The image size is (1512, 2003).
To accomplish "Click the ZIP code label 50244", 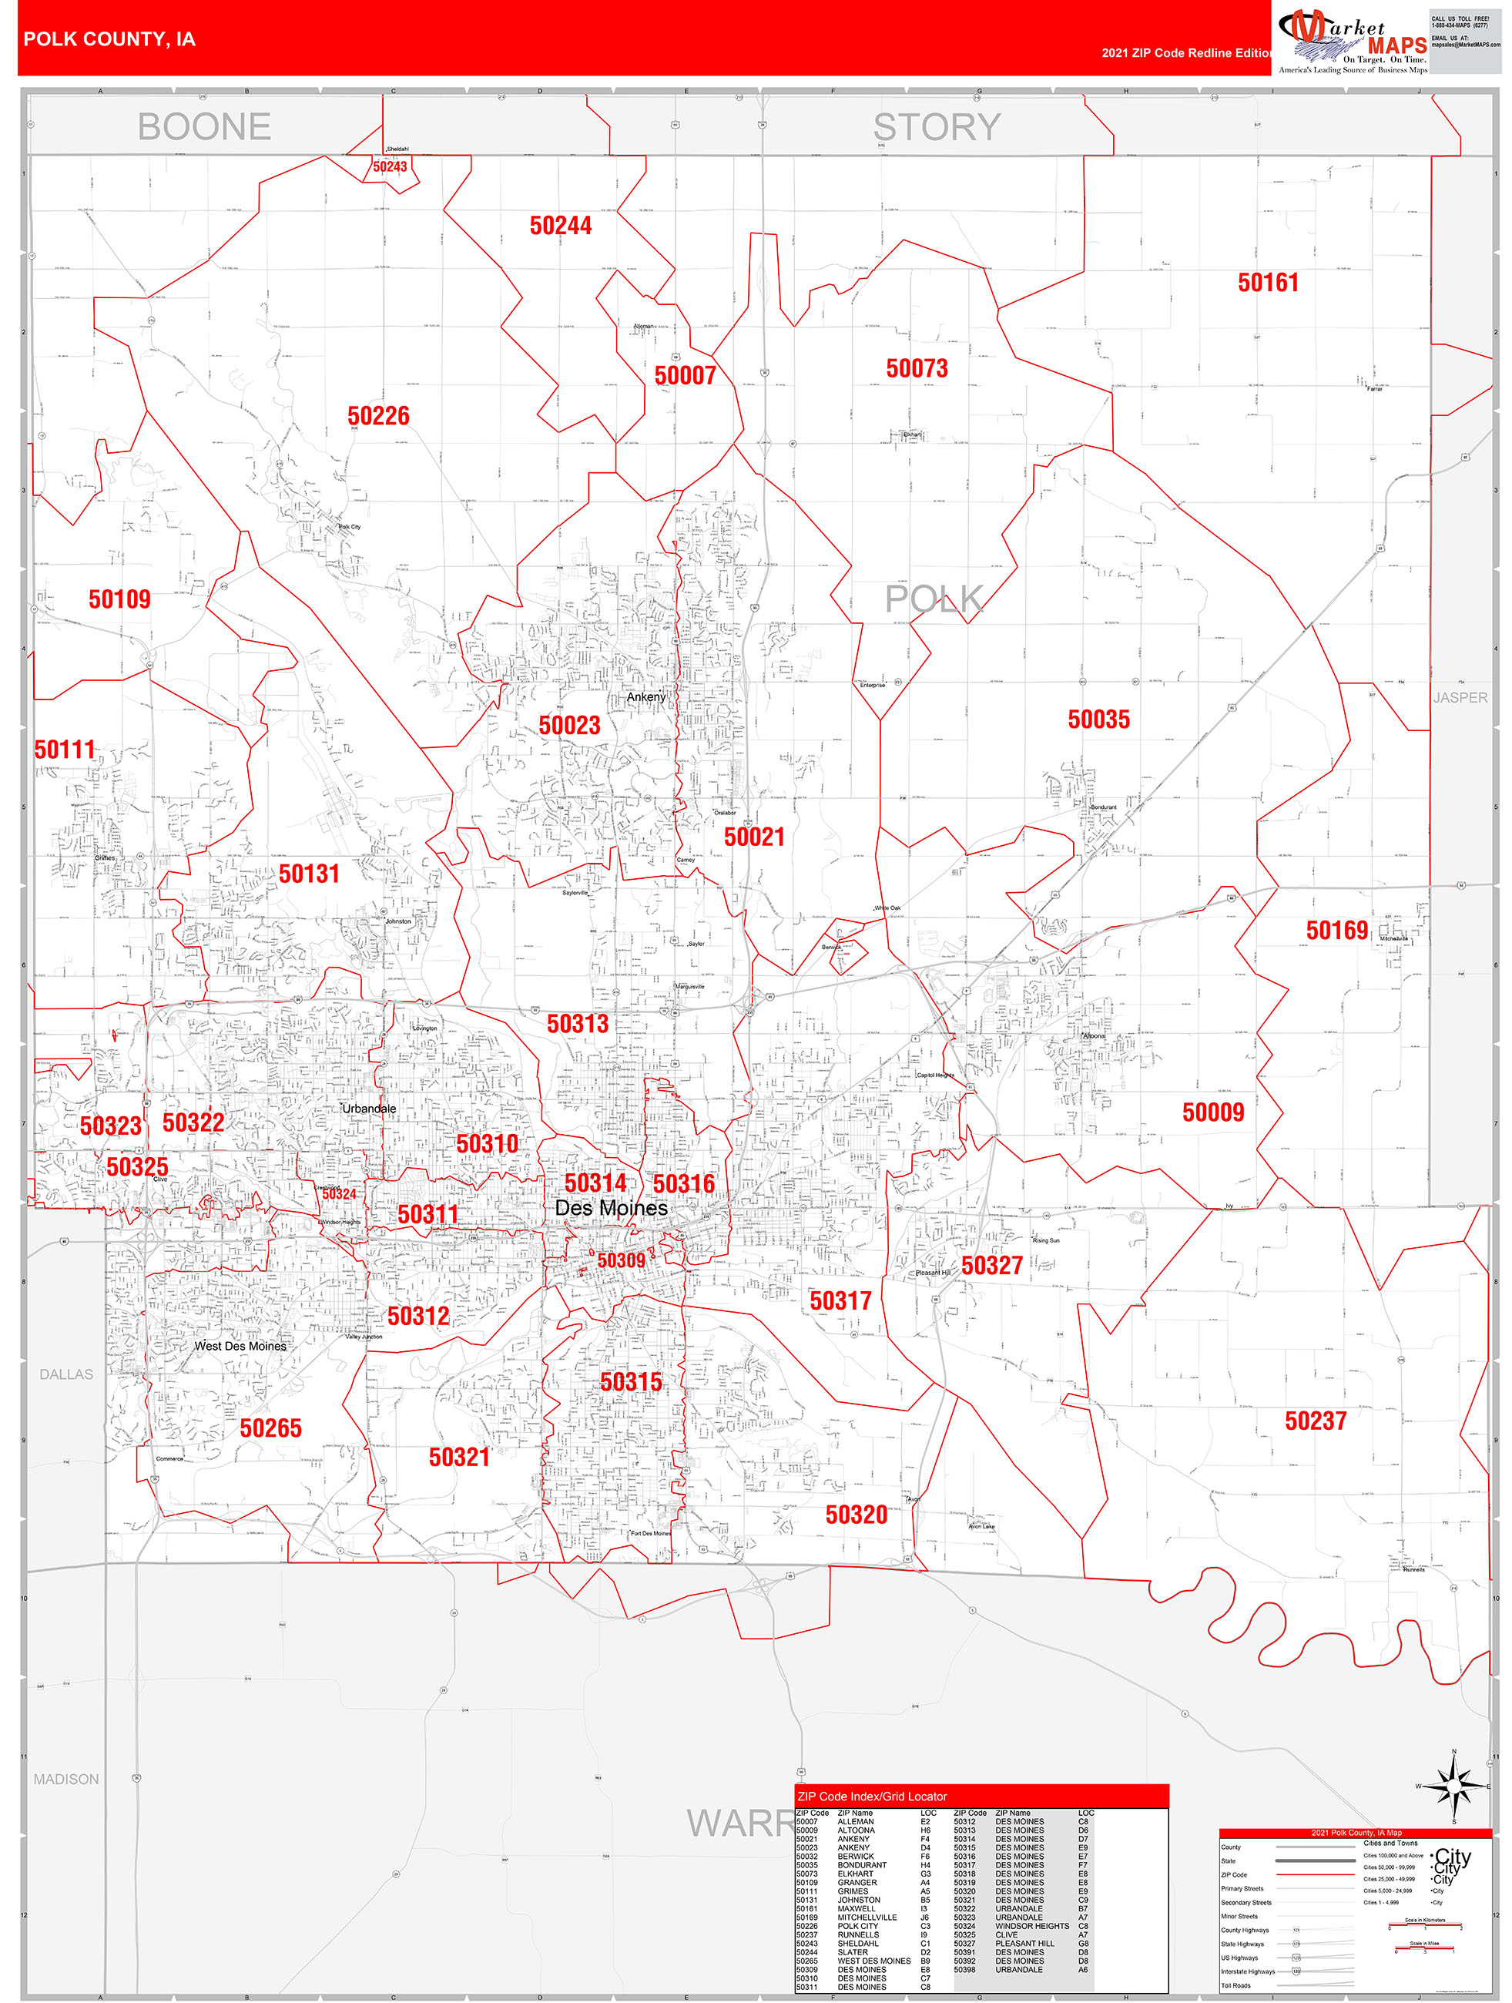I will [x=561, y=226].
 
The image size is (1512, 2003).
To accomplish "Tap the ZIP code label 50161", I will [x=1268, y=283].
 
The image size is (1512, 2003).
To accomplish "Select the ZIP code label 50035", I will [x=1098, y=719].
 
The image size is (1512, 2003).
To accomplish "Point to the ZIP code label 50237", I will [x=1315, y=1421].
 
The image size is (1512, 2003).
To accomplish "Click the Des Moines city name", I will [x=611, y=1208].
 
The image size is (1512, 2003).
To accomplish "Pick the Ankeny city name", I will [x=645, y=697].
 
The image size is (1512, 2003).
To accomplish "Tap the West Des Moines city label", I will [x=240, y=1346].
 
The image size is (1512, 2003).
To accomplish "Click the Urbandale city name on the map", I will [x=368, y=1109].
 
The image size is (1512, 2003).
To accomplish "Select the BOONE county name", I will [x=205, y=127].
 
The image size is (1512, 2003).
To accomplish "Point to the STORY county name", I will [x=936, y=127].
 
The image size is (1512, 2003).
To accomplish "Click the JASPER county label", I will [x=1460, y=697].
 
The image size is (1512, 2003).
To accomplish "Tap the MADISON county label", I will [x=66, y=1780].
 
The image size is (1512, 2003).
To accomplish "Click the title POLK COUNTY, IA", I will [x=109, y=39].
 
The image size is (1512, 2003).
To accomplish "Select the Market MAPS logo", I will [x=1352, y=41].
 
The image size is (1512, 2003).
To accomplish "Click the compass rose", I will [x=1453, y=1787].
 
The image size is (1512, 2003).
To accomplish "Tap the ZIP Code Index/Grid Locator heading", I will [x=872, y=1797].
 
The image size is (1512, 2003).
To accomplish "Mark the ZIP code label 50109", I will [x=119, y=599].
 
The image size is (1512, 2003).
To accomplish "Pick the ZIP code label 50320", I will [x=856, y=1514].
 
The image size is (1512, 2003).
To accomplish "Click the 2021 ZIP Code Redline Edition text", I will [x=1186, y=52].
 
